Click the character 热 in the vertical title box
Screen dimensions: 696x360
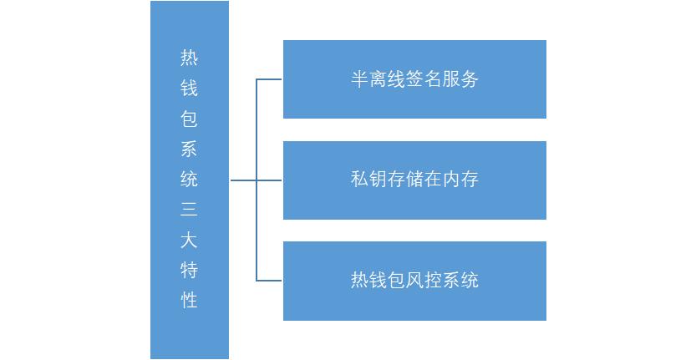coord(189,58)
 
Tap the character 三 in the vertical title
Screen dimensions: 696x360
coord(189,209)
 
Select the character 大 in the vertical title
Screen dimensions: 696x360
coord(189,240)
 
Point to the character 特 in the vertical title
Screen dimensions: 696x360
coord(189,270)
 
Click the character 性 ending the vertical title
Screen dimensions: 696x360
coord(189,300)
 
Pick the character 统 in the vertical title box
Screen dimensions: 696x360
coord(189,179)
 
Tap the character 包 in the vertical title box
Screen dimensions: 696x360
coord(189,118)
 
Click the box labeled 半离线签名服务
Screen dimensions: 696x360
coord(414,79)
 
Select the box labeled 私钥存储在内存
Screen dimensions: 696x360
coord(414,180)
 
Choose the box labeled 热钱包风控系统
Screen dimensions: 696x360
coord(414,281)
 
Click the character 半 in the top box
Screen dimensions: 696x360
coord(359,79)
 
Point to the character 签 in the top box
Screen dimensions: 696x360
coord(414,79)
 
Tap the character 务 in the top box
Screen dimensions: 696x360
coord(470,79)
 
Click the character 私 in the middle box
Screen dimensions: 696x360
coord(359,180)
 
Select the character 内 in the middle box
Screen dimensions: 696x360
coord(451,180)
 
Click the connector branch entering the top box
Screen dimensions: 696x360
coord(269,79)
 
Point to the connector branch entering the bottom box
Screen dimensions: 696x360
coord(269,281)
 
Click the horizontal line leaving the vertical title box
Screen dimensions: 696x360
coord(243,180)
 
